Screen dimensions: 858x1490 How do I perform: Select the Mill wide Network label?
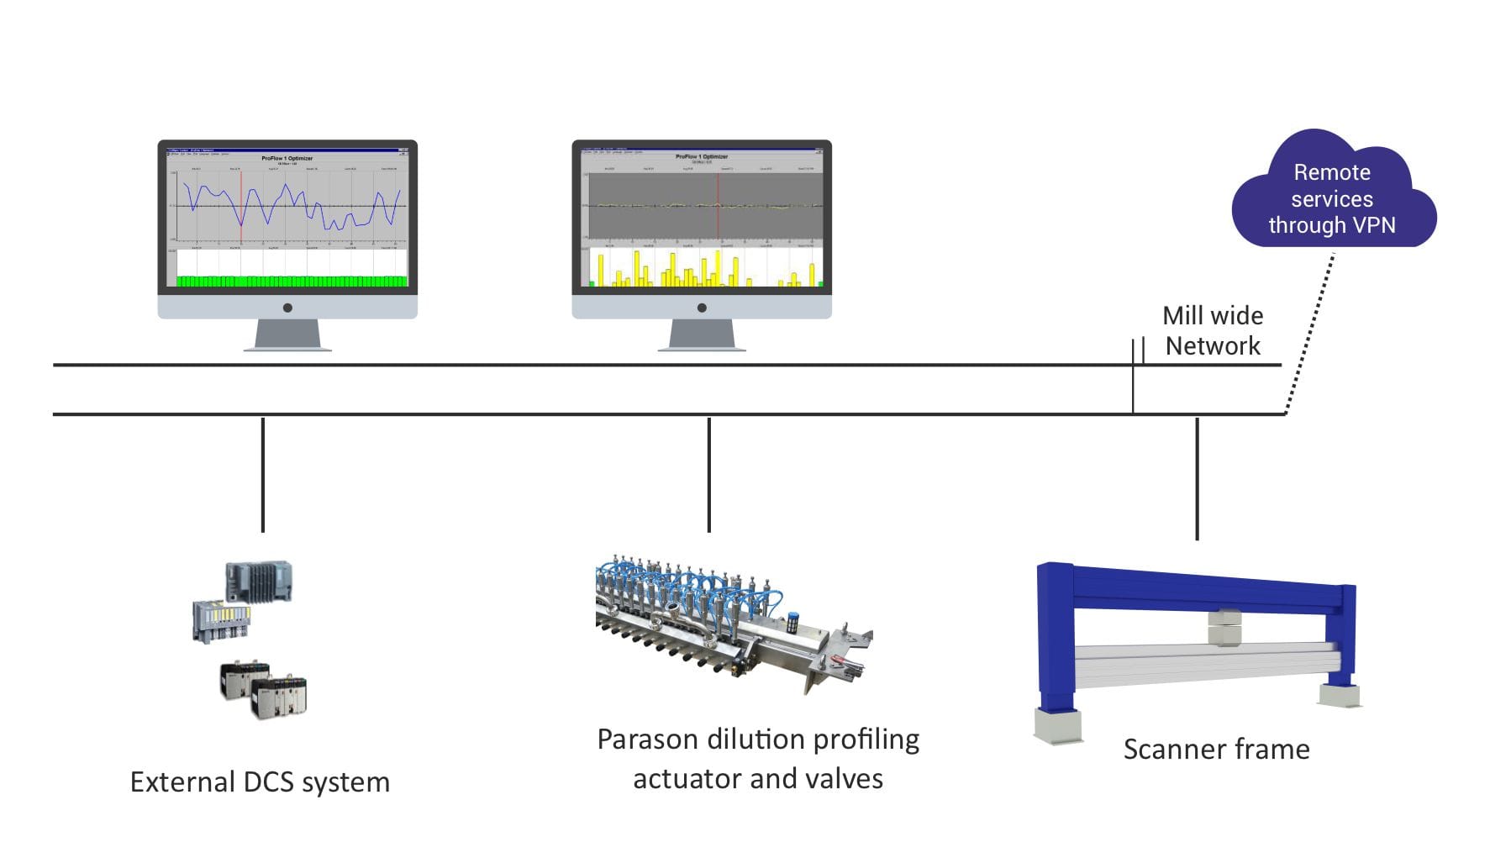click(x=1212, y=330)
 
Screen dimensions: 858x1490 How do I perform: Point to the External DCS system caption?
click(x=260, y=782)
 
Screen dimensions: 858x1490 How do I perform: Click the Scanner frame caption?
click(x=1216, y=749)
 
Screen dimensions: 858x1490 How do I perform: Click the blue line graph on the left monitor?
click(x=290, y=207)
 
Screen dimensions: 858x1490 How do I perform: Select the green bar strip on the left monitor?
click(x=292, y=281)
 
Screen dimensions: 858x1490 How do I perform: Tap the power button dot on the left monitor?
click(x=287, y=308)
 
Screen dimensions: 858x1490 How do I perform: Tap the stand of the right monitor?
click(x=702, y=334)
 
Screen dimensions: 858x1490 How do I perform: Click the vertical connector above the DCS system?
click(x=263, y=475)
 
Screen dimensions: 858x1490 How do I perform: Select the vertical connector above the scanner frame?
click(x=1197, y=479)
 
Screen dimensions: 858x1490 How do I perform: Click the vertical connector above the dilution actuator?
click(x=709, y=475)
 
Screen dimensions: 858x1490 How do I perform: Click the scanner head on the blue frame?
click(x=1224, y=627)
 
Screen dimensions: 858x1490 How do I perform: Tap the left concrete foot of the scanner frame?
click(x=1057, y=726)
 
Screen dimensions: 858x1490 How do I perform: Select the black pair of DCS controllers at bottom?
click(x=263, y=690)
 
